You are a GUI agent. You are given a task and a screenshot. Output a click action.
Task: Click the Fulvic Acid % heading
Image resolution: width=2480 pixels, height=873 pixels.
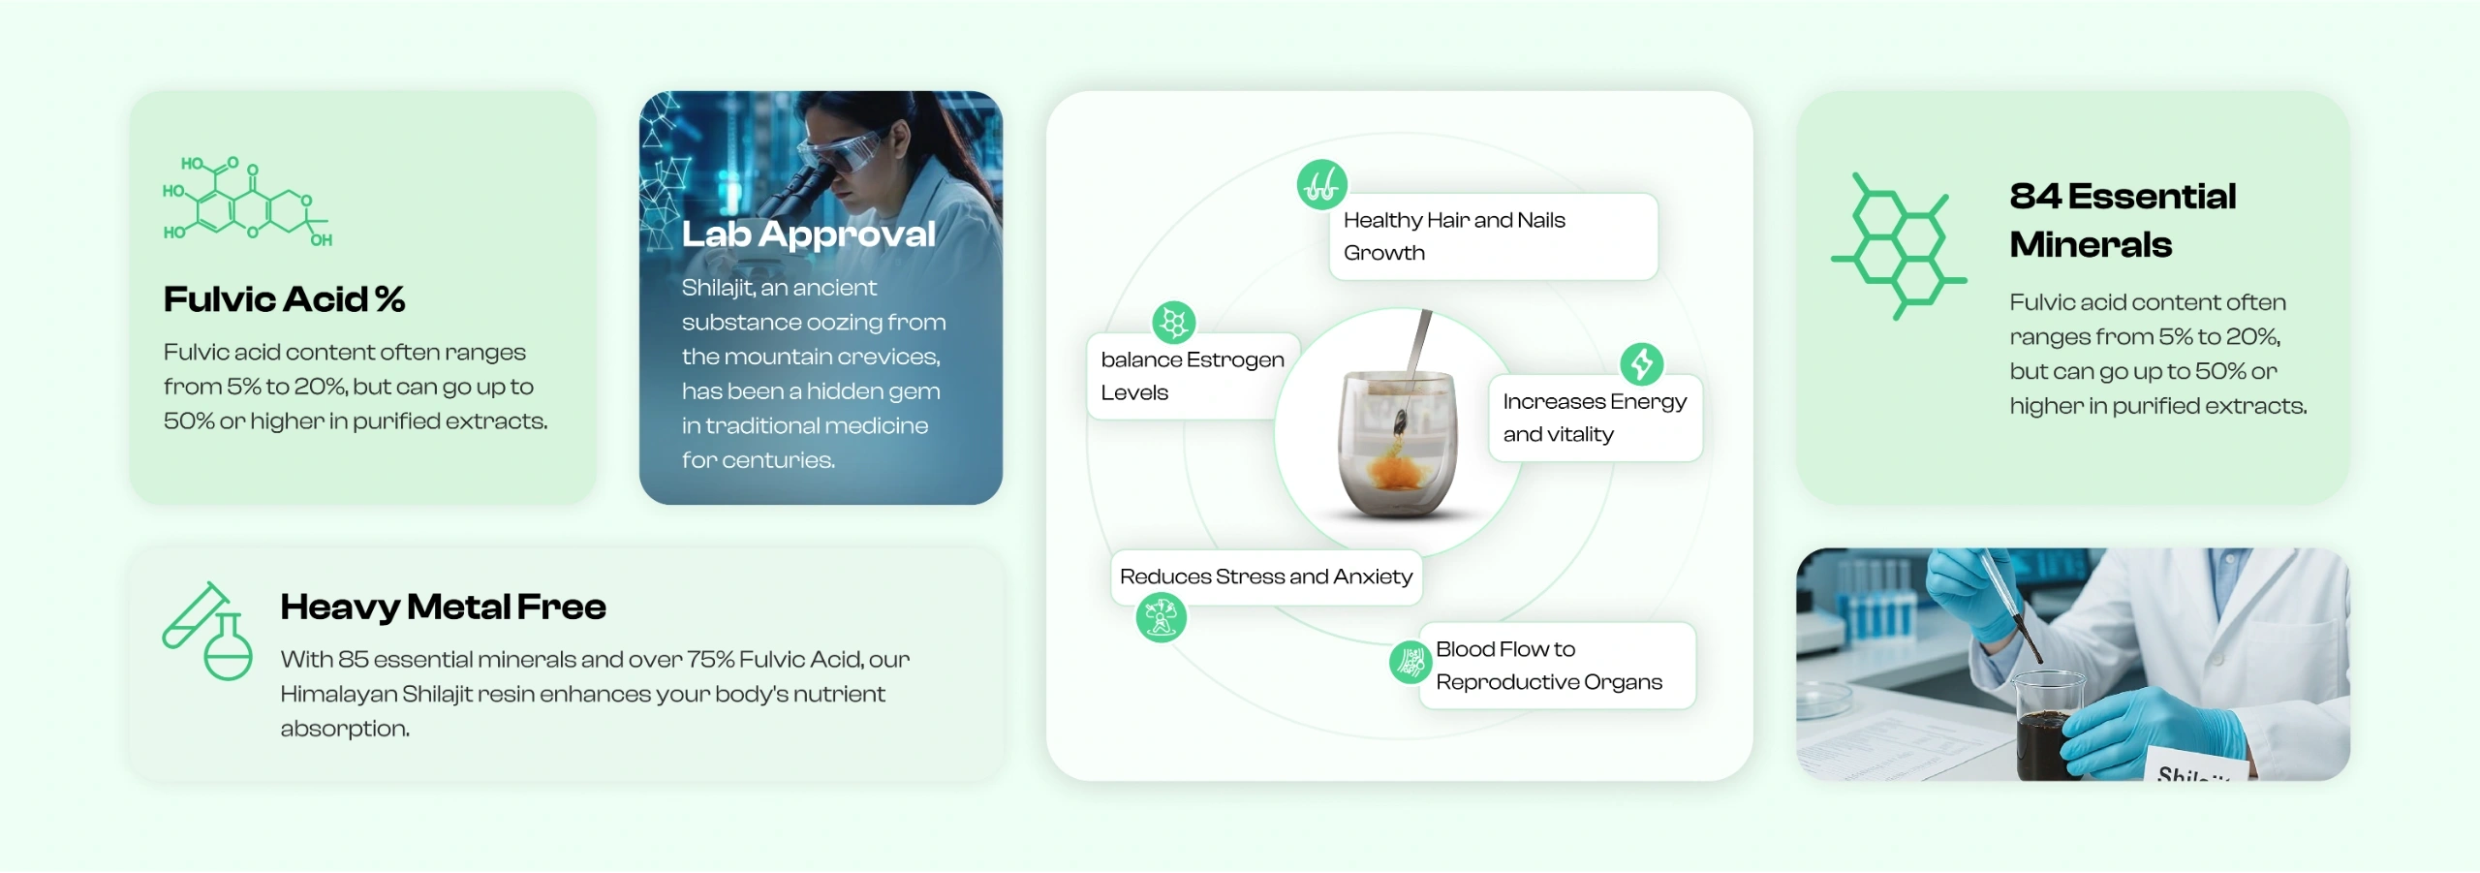point(284,299)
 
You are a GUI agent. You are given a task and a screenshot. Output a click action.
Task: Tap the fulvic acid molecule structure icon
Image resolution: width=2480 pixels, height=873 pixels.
point(247,201)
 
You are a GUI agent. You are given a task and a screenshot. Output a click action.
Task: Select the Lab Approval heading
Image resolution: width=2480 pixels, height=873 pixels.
point(808,234)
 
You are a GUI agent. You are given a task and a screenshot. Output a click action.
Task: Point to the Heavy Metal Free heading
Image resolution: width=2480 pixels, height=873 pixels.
point(443,607)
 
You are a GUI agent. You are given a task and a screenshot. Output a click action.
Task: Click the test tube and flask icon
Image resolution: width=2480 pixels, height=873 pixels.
point(208,631)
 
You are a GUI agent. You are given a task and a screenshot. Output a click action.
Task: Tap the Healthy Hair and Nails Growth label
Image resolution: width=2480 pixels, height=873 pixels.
point(1492,236)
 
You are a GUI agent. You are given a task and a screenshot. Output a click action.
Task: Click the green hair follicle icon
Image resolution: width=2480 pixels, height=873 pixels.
point(1321,184)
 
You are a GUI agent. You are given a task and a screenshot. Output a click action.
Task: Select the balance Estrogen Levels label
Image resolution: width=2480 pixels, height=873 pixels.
point(1192,376)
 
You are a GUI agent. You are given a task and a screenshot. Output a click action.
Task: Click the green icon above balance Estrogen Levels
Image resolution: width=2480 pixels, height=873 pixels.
point(1173,323)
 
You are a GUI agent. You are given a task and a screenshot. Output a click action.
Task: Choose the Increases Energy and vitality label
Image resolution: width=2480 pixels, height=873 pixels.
point(1595,418)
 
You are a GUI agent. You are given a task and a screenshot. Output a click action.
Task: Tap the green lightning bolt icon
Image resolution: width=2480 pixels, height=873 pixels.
point(1641,363)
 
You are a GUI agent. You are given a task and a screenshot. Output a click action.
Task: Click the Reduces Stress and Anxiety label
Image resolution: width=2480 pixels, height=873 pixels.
point(1265,577)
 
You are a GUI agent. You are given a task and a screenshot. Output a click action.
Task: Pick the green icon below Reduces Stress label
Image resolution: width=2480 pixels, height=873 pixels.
point(1161,617)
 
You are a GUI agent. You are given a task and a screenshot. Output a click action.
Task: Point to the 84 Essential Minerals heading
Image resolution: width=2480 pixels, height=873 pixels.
point(2122,220)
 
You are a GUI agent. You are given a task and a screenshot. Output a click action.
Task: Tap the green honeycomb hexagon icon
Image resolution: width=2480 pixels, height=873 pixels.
point(1898,246)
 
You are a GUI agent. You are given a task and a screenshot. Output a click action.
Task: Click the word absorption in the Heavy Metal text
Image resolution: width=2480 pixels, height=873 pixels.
point(344,729)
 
